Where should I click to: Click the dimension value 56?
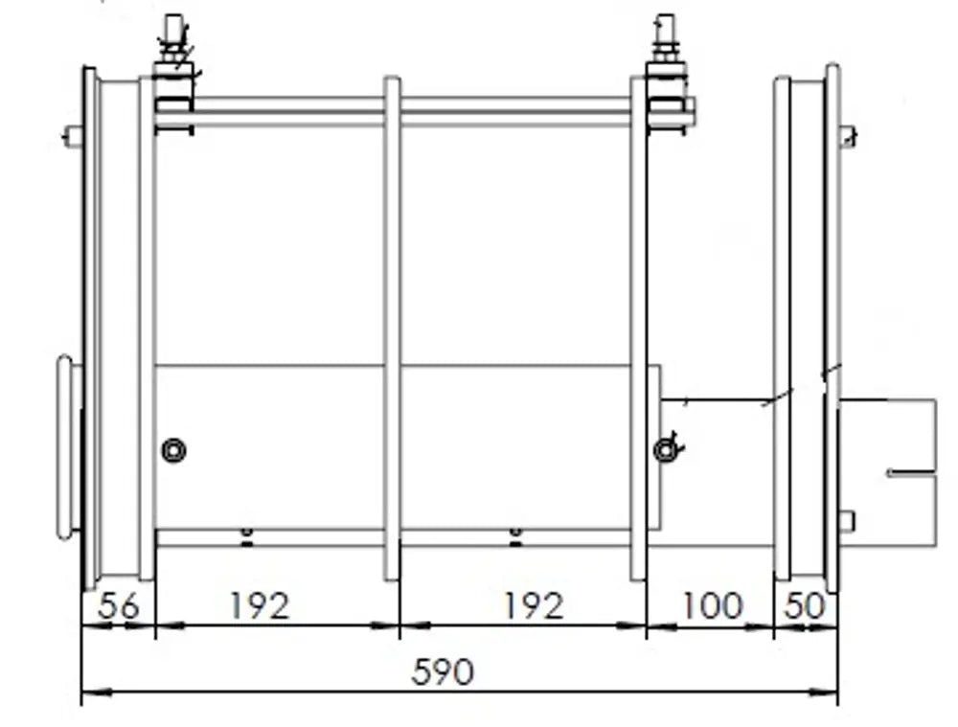pyautogui.click(x=119, y=606)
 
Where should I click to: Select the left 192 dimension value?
pyautogui.click(x=259, y=606)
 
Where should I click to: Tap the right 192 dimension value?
pyautogui.click(x=533, y=606)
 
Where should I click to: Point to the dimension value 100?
pyautogui.click(x=711, y=605)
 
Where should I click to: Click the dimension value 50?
pyautogui.click(x=804, y=606)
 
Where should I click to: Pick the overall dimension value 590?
pyautogui.click(x=443, y=672)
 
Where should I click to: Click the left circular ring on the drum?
pyautogui.click(x=173, y=451)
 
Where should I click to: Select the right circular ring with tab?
pyautogui.click(x=667, y=449)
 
